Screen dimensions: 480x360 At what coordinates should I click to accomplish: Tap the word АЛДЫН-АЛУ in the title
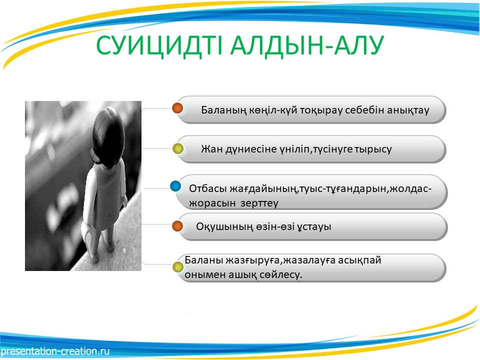(307, 46)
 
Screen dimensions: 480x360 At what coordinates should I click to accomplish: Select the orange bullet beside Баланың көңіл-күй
(177, 108)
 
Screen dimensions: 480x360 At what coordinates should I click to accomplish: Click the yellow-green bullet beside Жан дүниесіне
(178, 149)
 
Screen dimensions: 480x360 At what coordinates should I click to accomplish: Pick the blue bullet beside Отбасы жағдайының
(175, 186)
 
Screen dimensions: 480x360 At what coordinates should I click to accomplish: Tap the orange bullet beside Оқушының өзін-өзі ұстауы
(177, 226)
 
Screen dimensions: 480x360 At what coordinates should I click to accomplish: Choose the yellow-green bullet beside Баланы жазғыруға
(178, 267)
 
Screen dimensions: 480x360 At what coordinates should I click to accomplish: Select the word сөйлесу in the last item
(280, 274)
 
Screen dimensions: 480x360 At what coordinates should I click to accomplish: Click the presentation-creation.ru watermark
(55, 351)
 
